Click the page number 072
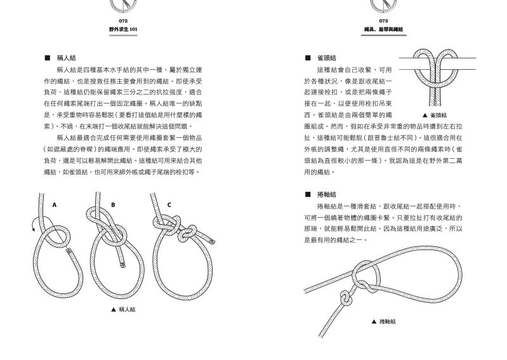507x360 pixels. (x=123, y=21)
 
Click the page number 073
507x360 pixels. (x=383, y=21)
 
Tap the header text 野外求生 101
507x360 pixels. (x=123, y=29)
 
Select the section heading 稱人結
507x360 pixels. (x=66, y=58)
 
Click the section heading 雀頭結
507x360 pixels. (x=327, y=58)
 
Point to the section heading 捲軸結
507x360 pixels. (x=327, y=194)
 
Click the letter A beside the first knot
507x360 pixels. (x=55, y=204)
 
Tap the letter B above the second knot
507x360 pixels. (x=113, y=204)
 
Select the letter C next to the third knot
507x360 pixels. (x=169, y=204)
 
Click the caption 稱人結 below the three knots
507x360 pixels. (x=127, y=310)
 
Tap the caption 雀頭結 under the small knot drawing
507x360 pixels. (x=438, y=115)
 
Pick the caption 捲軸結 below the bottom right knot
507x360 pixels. (x=388, y=321)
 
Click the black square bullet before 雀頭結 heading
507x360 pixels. (x=308, y=58)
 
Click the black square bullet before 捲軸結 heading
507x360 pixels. (x=308, y=194)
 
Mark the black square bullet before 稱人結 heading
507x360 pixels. (x=47, y=58)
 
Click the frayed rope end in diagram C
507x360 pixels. (x=213, y=241)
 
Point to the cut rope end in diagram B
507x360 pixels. (x=122, y=265)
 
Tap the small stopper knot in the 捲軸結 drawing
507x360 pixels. (x=345, y=298)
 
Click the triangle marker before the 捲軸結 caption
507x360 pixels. (x=374, y=321)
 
